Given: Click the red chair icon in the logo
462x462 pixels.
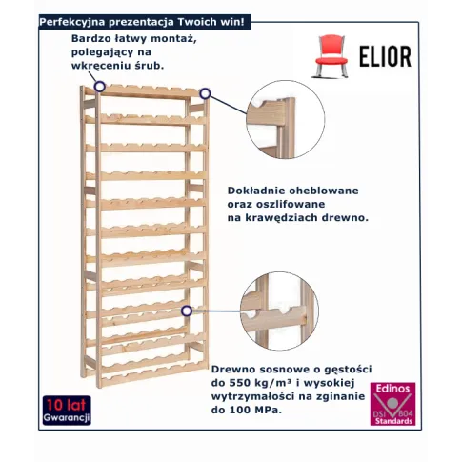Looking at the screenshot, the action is [x=330, y=56].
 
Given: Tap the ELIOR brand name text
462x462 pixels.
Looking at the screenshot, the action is [x=385, y=56].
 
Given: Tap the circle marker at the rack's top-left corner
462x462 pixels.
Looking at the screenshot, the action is [x=100, y=87].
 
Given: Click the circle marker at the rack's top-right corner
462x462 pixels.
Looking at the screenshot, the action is [x=205, y=93].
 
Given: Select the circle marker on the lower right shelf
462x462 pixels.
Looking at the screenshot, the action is [x=187, y=311].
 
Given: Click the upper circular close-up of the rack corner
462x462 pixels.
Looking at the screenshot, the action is [x=286, y=119].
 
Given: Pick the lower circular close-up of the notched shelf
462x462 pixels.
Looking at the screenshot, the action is [x=279, y=311].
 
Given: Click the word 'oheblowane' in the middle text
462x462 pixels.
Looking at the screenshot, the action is [x=324, y=191].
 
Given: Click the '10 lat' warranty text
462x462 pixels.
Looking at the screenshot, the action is [x=67, y=405].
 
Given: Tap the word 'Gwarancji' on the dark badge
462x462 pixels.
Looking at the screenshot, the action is [x=67, y=417].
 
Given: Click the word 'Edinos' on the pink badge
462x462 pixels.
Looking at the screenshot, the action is [x=392, y=389].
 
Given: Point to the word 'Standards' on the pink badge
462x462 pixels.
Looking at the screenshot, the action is [x=393, y=421].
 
